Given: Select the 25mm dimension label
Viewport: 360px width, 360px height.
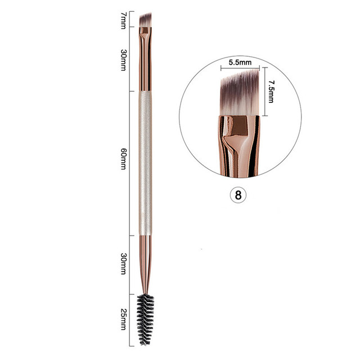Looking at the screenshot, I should click(123, 318).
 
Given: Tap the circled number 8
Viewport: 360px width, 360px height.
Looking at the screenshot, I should click(238, 195).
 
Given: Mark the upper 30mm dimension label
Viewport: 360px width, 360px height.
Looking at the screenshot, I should click(123, 57).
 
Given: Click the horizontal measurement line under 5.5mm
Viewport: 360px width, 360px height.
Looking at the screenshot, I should click(240, 69).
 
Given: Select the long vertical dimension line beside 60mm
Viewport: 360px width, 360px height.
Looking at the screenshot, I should click(131, 162).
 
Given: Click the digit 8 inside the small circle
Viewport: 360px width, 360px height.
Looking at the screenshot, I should click(238, 195).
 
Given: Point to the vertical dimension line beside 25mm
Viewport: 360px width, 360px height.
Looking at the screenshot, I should click(131, 317).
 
